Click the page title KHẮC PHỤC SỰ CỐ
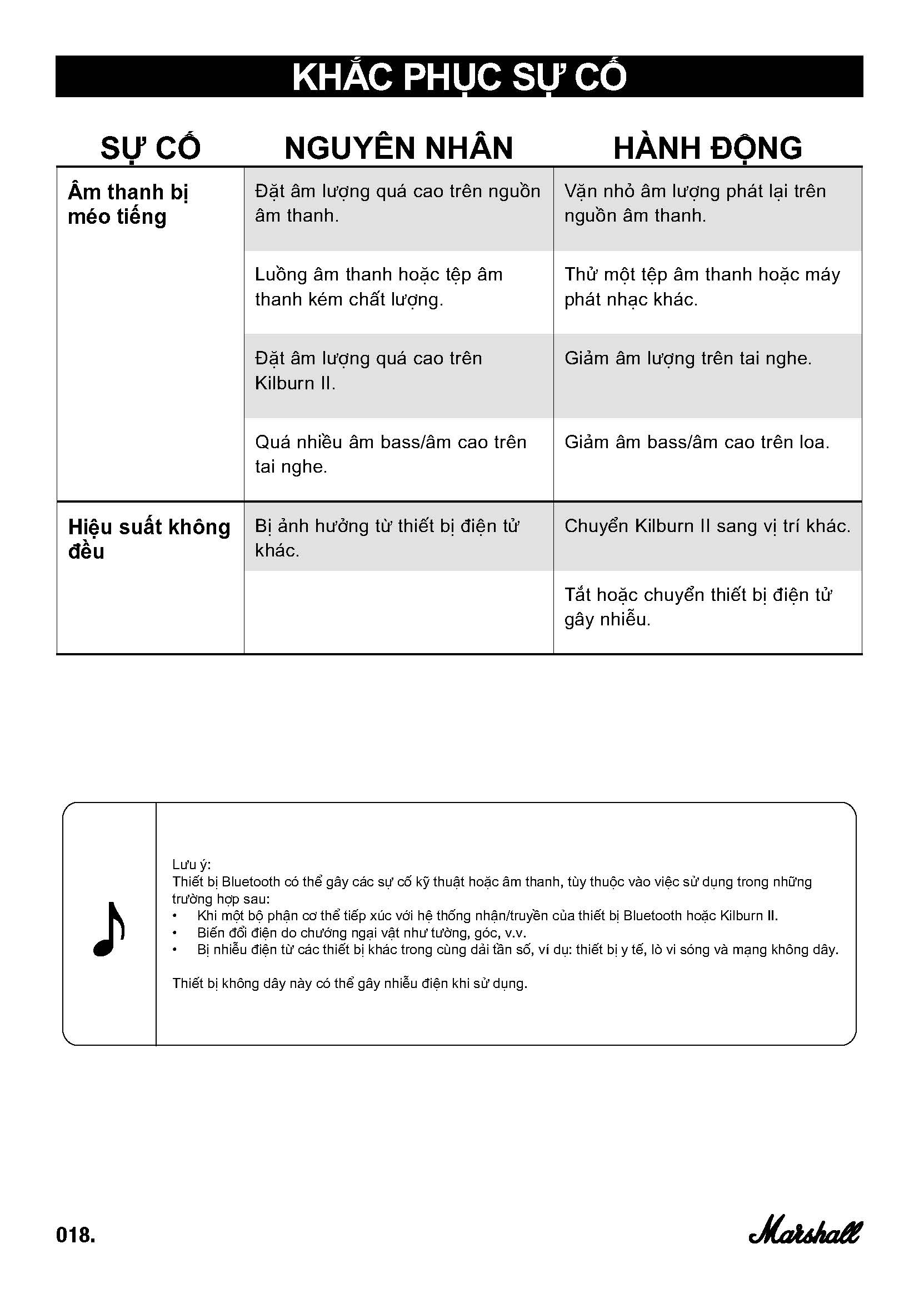[459, 77]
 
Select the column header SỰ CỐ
[151, 148]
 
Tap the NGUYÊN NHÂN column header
[398, 148]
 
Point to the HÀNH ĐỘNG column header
[707, 148]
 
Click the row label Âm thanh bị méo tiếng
[128, 204]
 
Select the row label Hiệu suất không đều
[149, 539]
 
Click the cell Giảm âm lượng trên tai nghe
[687, 358]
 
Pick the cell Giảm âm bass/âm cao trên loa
[697, 442]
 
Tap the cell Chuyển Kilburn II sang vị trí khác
[707, 525]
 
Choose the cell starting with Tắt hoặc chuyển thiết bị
[698, 606]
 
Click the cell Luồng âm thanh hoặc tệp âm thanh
[378, 287]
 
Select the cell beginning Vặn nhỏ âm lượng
[695, 203]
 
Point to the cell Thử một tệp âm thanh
[702, 287]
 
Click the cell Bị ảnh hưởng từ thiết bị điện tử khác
[387, 538]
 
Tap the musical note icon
[109, 929]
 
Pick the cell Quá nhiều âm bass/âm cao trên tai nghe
[391, 454]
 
